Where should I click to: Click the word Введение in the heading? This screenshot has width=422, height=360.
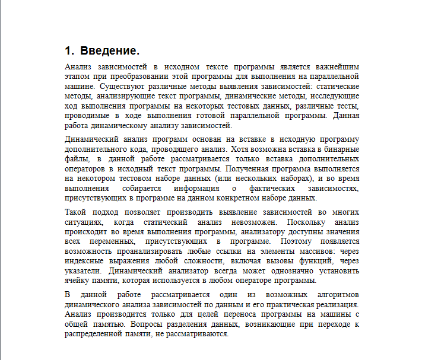pyautogui.click(x=109, y=50)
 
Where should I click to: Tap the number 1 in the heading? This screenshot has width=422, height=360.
pyautogui.click(x=68, y=50)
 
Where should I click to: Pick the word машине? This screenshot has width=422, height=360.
pyautogui.click(x=78, y=86)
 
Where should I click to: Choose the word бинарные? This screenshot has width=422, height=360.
pyautogui.click(x=343, y=149)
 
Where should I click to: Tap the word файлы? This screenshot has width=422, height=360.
pyautogui.click(x=77, y=159)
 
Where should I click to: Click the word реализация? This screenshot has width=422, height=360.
pyautogui.click(x=337, y=304)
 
